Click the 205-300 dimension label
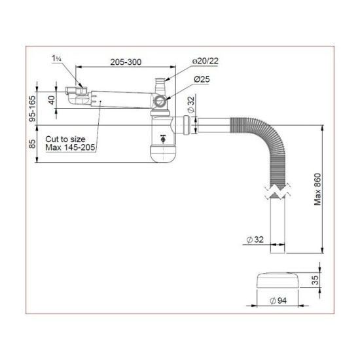click(x=126, y=62)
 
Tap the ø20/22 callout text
click(x=206, y=61)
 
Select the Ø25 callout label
click(x=202, y=79)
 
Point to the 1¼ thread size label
click(x=56, y=58)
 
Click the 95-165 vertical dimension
click(x=33, y=109)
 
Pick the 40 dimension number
click(x=52, y=100)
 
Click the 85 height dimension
click(x=33, y=144)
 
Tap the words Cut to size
click(x=65, y=139)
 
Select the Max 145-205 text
click(x=70, y=147)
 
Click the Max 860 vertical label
click(x=317, y=189)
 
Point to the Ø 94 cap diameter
click(x=278, y=301)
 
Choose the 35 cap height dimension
click(x=315, y=280)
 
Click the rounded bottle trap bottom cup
click(x=162, y=154)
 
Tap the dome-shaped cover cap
click(x=278, y=280)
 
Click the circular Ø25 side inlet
click(x=159, y=101)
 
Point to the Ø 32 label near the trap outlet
click(x=190, y=104)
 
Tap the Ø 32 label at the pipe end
click(x=255, y=240)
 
